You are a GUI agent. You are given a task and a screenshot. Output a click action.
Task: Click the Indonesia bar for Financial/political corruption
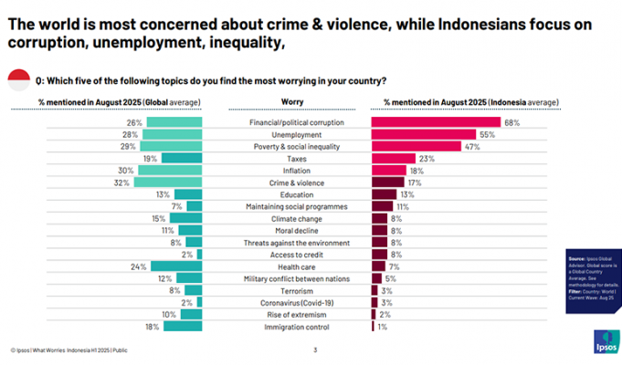pyautogui.click(x=435, y=122)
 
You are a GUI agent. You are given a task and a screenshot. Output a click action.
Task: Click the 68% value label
pyautogui.click(x=511, y=122)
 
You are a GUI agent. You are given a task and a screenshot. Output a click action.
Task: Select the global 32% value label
pyautogui.click(x=121, y=182)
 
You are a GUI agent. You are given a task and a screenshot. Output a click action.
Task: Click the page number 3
pyautogui.click(x=315, y=349)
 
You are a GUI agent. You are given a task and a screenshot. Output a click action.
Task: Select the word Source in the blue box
pyautogui.click(x=577, y=260)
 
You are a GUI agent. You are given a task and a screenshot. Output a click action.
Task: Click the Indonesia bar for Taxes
pyautogui.click(x=386, y=158)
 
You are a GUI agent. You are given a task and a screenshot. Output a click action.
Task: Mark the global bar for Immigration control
pyautogui.click(x=187, y=326)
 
